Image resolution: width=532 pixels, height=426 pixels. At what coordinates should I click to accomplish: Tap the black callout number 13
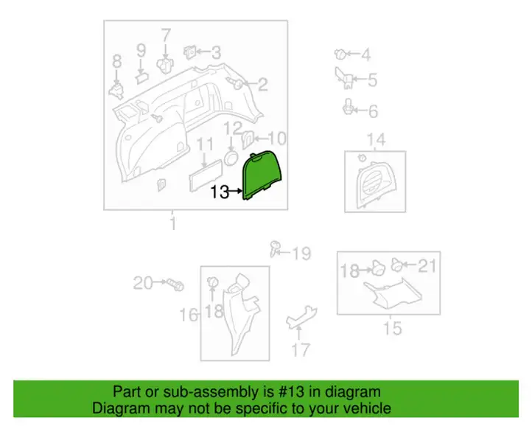(220, 192)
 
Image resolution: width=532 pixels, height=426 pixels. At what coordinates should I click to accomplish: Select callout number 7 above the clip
(166, 35)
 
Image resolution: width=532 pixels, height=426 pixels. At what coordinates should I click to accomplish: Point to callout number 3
(216, 52)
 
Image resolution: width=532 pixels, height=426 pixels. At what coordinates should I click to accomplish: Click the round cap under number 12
(231, 158)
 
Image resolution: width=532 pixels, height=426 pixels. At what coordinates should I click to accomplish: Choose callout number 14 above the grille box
(377, 140)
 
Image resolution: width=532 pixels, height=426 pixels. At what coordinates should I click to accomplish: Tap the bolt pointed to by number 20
(175, 284)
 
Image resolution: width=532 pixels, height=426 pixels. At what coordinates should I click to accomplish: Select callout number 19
(301, 254)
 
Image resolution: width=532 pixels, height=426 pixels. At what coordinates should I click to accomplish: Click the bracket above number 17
(301, 317)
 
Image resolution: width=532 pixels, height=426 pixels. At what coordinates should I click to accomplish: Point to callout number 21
(427, 266)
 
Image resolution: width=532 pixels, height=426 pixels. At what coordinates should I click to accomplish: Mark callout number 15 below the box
(393, 328)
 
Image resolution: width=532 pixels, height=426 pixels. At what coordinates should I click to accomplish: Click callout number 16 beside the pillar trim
(189, 315)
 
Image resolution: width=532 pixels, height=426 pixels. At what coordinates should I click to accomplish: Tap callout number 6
(374, 111)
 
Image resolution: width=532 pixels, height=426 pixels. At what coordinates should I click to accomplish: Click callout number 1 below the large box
(173, 224)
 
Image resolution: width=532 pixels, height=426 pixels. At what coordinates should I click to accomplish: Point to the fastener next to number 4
(340, 55)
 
